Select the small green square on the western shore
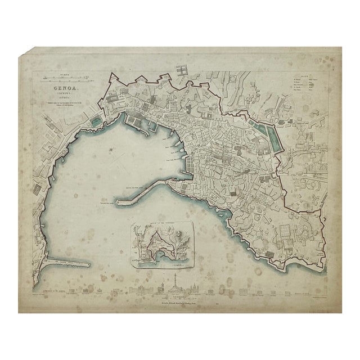[96, 122]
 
